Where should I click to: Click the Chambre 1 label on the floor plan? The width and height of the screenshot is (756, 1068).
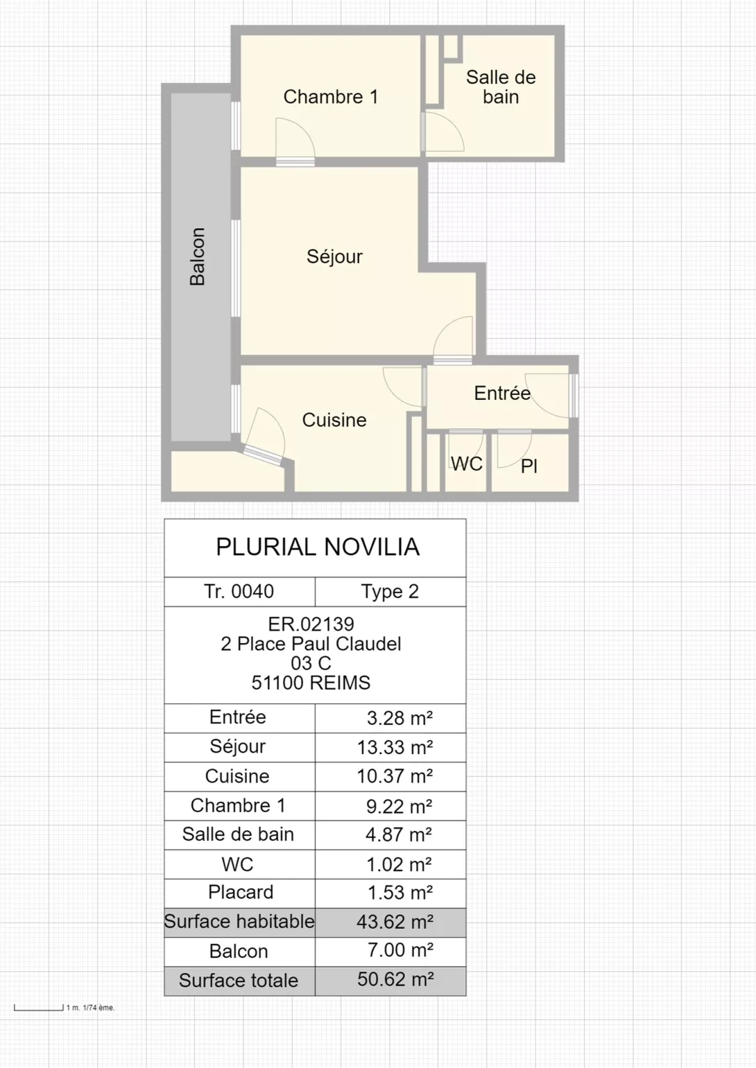[331, 97]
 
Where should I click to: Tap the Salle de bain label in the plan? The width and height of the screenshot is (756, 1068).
[501, 87]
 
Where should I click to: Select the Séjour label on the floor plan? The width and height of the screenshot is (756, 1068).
[334, 256]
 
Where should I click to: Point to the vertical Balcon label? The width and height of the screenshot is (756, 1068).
[197, 256]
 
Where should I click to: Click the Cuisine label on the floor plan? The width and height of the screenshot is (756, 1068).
[334, 420]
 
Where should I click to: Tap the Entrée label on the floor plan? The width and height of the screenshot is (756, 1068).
[502, 393]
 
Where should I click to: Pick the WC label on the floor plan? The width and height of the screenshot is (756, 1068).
[467, 464]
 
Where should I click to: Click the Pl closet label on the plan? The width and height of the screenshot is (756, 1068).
[529, 466]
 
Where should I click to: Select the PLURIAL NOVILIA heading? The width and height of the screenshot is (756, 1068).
[318, 547]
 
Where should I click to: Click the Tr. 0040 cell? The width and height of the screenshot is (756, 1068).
[239, 592]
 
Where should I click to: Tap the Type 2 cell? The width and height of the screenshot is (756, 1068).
[390, 592]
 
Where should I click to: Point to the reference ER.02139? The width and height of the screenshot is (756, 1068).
[311, 624]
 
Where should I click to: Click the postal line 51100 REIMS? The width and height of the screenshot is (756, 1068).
[311, 683]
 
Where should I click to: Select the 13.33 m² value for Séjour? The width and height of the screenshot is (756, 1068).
[395, 747]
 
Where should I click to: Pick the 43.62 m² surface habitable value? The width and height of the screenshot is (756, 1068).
[395, 922]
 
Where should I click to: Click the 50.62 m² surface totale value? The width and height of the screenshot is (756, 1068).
[395, 979]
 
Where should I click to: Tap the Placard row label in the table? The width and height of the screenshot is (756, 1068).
[241, 892]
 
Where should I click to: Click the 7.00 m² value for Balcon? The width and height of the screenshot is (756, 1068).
[400, 950]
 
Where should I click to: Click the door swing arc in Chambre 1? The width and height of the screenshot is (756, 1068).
[303, 129]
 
